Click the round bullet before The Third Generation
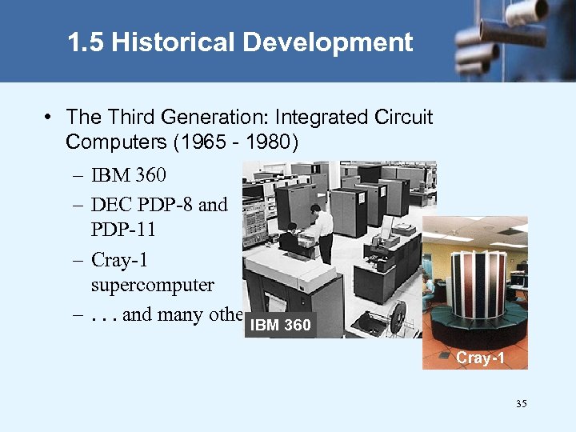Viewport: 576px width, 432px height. click(x=50, y=118)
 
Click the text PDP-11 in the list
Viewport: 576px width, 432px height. click(x=123, y=230)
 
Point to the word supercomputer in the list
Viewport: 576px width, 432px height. click(x=153, y=286)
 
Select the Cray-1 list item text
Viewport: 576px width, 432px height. click(x=120, y=260)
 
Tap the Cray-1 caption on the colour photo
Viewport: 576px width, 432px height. click(x=480, y=358)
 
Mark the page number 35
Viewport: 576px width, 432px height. click(x=521, y=404)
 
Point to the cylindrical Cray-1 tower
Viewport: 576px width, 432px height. click(x=476, y=280)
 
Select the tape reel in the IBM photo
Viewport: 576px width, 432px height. click(x=398, y=321)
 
